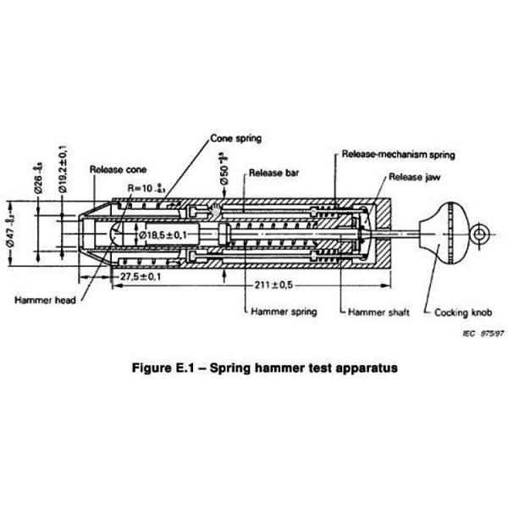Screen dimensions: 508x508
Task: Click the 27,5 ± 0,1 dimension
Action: pos(141,276)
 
